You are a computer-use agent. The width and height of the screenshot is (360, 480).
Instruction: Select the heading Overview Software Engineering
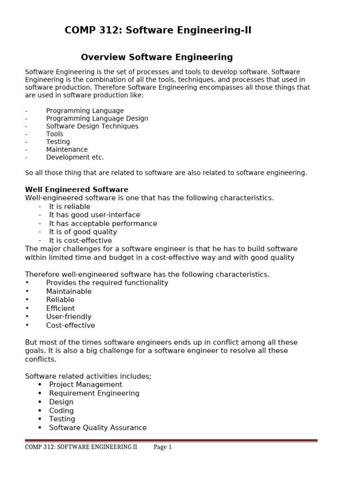pyautogui.click(x=157, y=58)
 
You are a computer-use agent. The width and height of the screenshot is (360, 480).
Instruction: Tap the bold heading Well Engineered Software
pyautogui.click(x=76, y=189)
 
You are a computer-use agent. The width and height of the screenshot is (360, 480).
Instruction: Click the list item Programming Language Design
pyautogui.click(x=97, y=119)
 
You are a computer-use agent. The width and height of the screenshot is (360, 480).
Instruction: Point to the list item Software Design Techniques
pyautogui.click(x=92, y=126)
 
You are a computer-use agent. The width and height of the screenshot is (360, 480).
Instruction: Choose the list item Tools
pyautogui.click(x=54, y=134)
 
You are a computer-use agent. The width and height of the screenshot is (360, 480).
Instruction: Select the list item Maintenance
pyautogui.click(x=67, y=150)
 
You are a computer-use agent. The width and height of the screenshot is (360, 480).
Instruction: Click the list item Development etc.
pyautogui.click(x=75, y=157)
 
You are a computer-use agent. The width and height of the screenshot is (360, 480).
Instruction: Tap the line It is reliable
pyautogui.click(x=69, y=207)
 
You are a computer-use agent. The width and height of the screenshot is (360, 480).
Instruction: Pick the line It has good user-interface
pyautogui.click(x=94, y=215)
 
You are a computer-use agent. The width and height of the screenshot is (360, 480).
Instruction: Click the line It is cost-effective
pyautogui.click(x=80, y=240)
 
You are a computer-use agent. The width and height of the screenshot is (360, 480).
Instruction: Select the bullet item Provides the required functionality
pyautogui.click(x=107, y=283)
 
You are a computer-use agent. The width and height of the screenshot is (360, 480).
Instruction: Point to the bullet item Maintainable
pyautogui.click(x=68, y=292)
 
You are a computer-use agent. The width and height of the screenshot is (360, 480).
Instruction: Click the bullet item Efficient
pyautogui.click(x=60, y=308)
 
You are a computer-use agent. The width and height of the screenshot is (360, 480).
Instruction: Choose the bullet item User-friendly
pyautogui.click(x=68, y=317)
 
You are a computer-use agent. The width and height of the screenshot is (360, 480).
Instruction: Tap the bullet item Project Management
pyautogui.click(x=85, y=385)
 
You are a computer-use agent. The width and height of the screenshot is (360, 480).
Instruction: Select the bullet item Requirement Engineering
pyautogui.click(x=94, y=393)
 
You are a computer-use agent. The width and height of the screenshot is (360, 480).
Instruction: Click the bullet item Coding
pyautogui.click(x=61, y=411)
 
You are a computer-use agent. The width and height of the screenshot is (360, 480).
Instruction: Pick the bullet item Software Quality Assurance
pyautogui.click(x=97, y=427)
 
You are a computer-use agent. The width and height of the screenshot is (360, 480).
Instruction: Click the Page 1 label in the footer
pyautogui.click(x=163, y=447)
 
